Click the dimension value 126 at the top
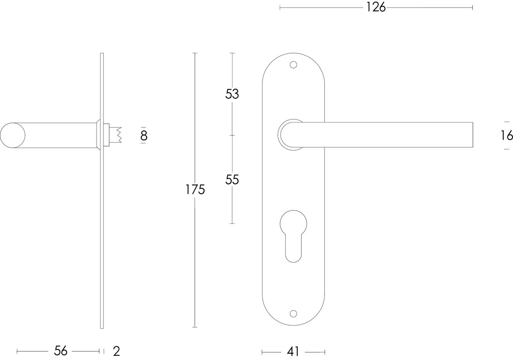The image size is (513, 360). pyautogui.click(x=376, y=7)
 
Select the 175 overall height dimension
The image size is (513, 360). pyautogui.click(x=195, y=189)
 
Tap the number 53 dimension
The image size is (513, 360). pyautogui.click(x=232, y=94)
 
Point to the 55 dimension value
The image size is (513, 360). pyautogui.click(x=232, y=180)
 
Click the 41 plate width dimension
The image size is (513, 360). pyautogui.click(x=293, y=352)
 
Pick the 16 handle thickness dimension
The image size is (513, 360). pyautogui.click(x=507, y=136)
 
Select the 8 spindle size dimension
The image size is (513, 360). pyautogui.click(x=143, y=136)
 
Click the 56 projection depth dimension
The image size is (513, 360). pyautogui.click(x=61, y=351)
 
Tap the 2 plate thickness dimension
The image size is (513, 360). pyautogui.click(x=116, y=351)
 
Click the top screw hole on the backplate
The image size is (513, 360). pyautogui.click(x=293, y=64)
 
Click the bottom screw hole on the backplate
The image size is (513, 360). pyautogui.click(x=293, y=313)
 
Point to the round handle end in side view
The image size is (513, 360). pyautogui.click(x=12, y=135)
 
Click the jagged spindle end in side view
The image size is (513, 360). pyautogui.click(x=118, y=135)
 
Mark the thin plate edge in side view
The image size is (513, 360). pyautogui.click(x=102, y=240)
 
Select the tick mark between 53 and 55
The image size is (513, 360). pyautogui.click(x=232, y=135)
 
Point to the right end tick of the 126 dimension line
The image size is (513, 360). pyautogui.click(x=473, y=7)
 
